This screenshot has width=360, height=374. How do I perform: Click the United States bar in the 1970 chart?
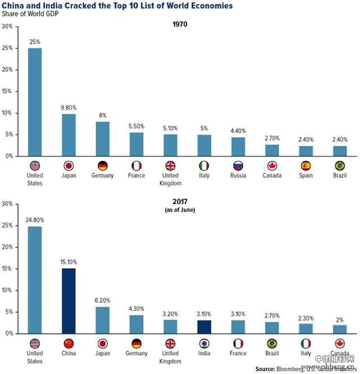pyautogui.click(x=35, y=102)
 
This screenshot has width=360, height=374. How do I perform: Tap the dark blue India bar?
pyautogui.click(x=204, y=327)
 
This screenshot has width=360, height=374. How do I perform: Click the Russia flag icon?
pyautogui.click(x=238, y=166)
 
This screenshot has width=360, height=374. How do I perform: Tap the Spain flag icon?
pyautogui.click(x=305, y=166)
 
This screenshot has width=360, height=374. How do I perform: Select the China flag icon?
pyautogui.click(x=69, y=344)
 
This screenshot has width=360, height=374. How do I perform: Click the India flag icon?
pyautogui.click(x=204, y=344)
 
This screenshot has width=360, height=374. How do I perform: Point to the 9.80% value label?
pyautogui.click(x=69, y=109)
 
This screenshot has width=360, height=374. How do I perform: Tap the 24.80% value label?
pyautogui.click(x=35, y=221)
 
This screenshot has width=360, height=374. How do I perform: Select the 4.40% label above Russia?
pyautogui.click(x=238, y=132)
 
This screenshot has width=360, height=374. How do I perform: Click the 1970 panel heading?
pyautogui.click(x=180, y=25)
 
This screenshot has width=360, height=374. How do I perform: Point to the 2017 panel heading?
pyautogui.click(x=180, y=201)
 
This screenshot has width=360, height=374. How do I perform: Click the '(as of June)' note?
pyautogui.click(x=180, y=209)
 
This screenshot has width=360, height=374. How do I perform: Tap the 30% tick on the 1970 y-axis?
pyautogui.click(x=8, y=27)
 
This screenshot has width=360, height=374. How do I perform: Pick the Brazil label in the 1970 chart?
pyautogui.click(x=339, y=175)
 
